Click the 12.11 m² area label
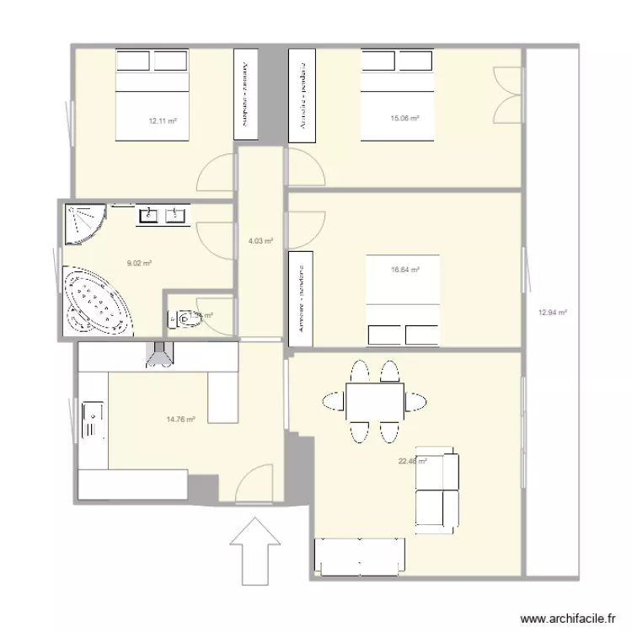point(163,121)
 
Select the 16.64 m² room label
point(404,270)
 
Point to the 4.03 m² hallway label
point(260,241)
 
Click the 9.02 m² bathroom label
point(139,263)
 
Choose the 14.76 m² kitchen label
point(180,419)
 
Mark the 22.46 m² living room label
point(412,461)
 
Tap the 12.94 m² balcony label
point(552,313)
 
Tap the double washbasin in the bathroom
point(163,215)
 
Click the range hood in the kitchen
point(159,355)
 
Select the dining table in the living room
point(374,401)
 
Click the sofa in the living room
point(437,493)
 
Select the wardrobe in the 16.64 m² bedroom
point(302,297)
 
